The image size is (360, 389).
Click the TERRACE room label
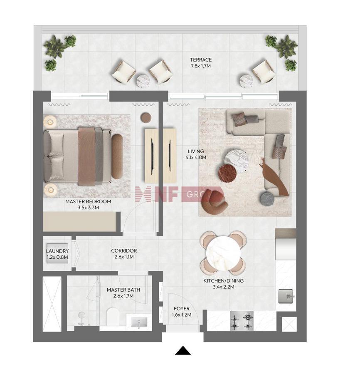(201, 60)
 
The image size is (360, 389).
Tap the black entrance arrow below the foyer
(183, 350)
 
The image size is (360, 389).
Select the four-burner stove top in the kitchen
(242, 321)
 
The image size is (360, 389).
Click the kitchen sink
(286, 296)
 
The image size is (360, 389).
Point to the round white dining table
(223, 253)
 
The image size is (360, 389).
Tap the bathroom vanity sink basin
(139, 322)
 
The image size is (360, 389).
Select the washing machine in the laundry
(57, 253)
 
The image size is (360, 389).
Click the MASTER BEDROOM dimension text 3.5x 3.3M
(88, 208)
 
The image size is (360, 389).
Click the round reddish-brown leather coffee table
(227, 173)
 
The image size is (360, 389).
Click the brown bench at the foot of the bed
(117, 156)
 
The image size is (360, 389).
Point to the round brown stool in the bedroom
(146, 118)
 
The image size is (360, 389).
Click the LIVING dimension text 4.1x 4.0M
(196, 157)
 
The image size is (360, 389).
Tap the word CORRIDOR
(124, 250)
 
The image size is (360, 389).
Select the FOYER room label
(182, 309)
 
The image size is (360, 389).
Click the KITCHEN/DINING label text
(223, 281)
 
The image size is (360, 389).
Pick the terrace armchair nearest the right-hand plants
(264, 72)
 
